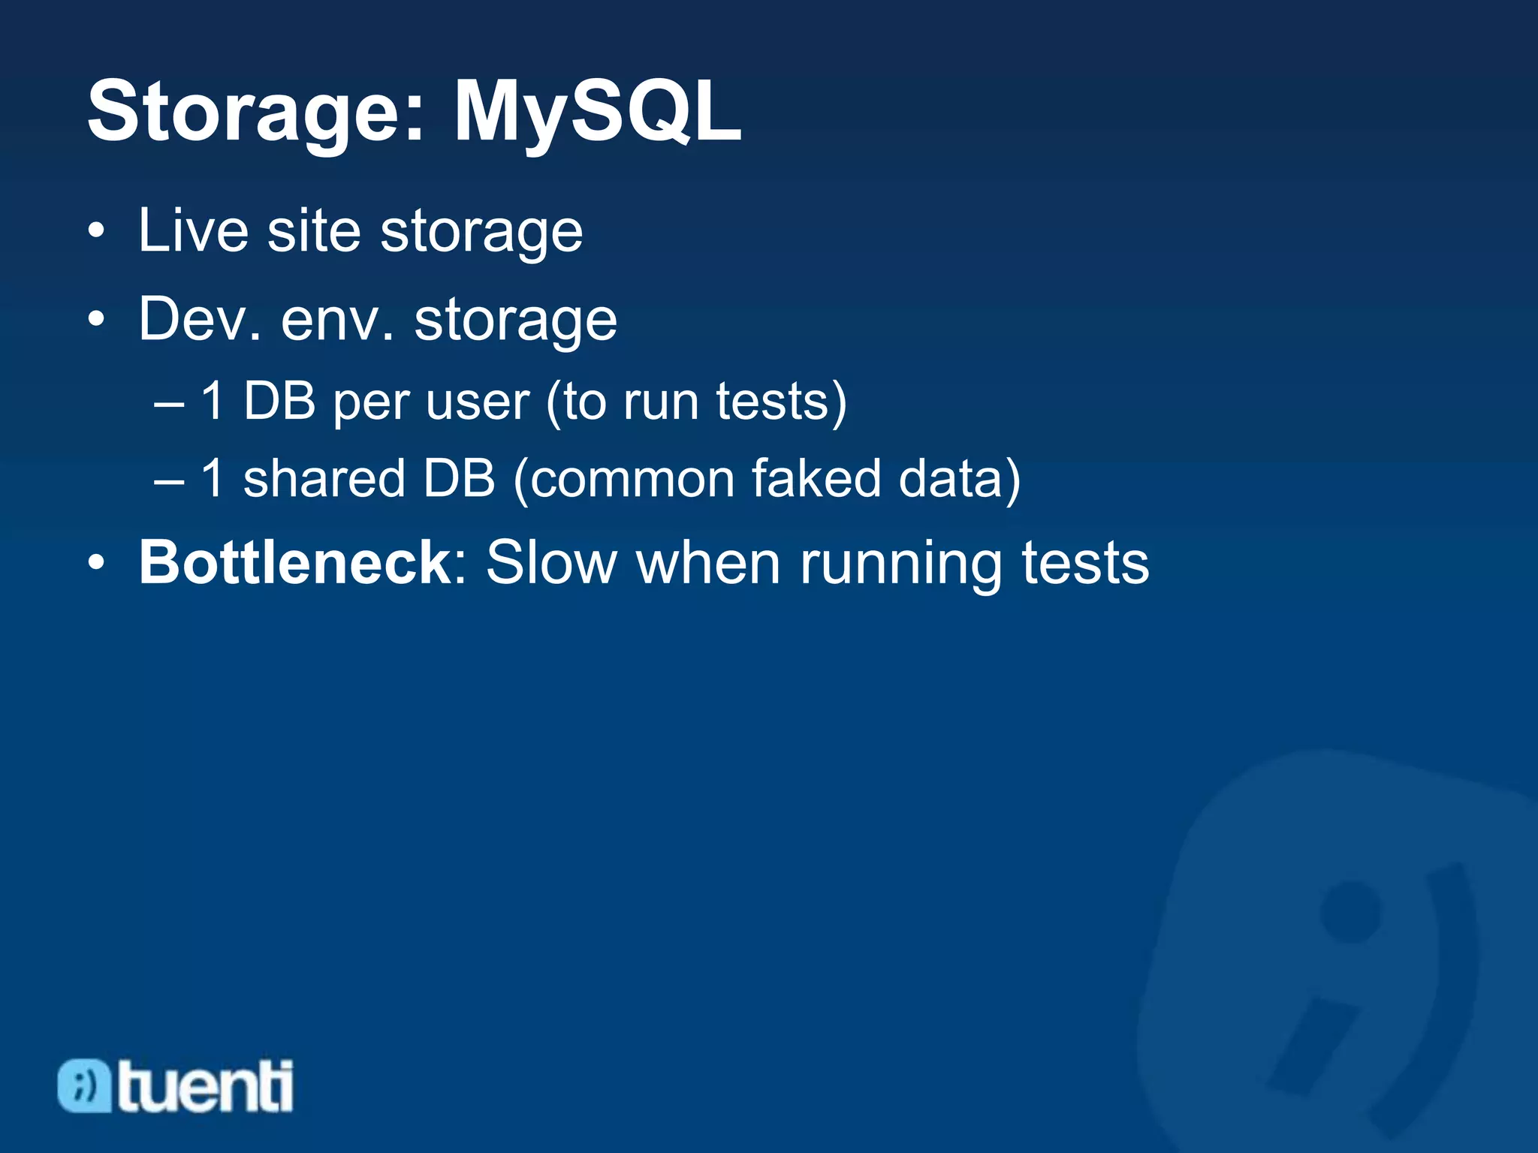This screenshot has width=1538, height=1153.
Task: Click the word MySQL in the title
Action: point(597,113)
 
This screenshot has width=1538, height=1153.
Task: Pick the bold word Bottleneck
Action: point(294,562)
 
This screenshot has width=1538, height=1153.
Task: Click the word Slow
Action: point(552,562)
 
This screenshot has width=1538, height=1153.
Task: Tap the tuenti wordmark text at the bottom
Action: point(204,1086)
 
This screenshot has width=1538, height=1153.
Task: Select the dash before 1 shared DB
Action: point(169,480)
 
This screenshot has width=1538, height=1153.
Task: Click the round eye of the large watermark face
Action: point(1350,911)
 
